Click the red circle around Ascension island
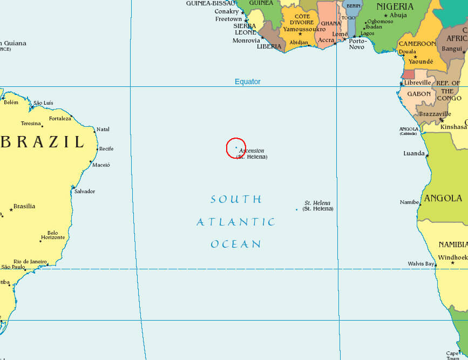click(236, 147)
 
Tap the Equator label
click(247, 81)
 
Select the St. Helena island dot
click(296, 209)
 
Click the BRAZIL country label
click(43, 142)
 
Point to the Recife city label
click(106, 148)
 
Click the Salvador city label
click(85, 191)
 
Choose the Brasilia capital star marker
click(11, 209)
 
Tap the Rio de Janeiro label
click(30, 261)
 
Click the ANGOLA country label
click(443, 199)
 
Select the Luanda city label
click(414, 153)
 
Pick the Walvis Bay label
click(421, 264)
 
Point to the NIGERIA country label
click(395, 6)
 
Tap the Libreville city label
click(417, 83)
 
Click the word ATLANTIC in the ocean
click(236, 222)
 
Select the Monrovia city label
click(246, 40)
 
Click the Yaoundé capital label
click(420, 62)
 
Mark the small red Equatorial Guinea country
click(409, 74)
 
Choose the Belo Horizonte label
click(52, 235)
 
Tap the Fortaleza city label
click(60, 118)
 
